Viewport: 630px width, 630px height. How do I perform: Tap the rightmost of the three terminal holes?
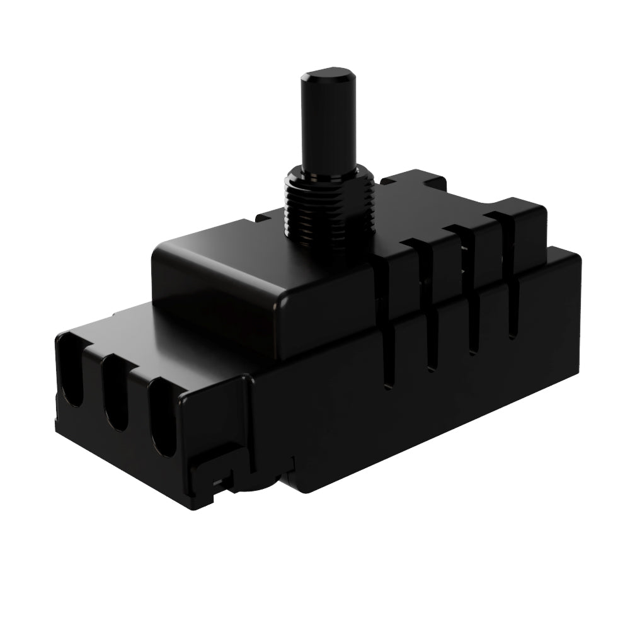tap(163, 419)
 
